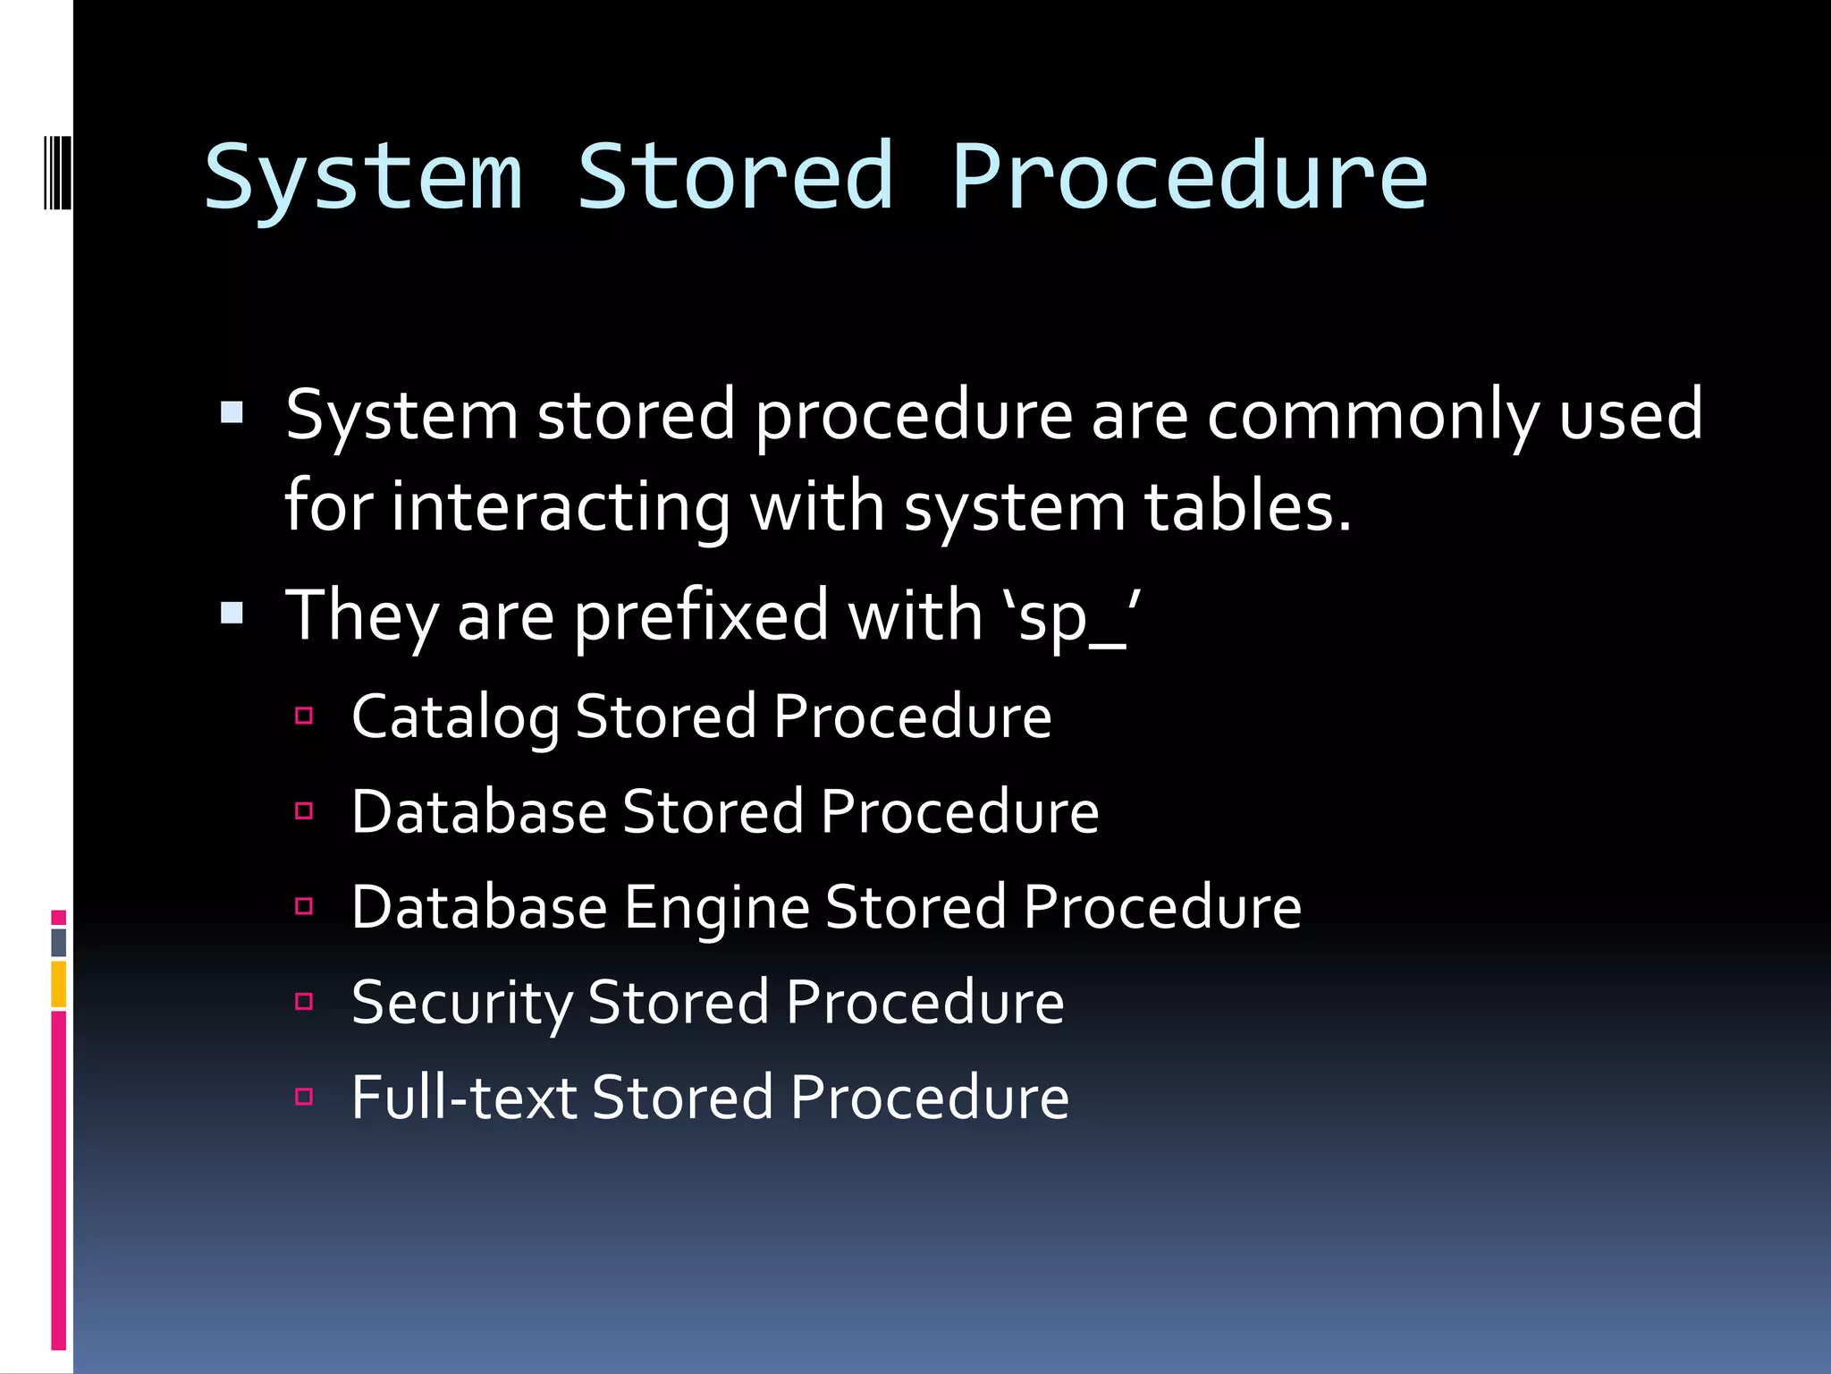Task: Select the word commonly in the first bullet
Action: coord(1372,416)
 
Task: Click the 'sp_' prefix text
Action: coord(1072,616)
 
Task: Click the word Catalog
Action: coord(455,717)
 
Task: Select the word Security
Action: coord(461,1003)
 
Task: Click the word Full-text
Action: coord(463,1098)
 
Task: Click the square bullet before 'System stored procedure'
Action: coord(232,412)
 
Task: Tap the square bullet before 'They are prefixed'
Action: coord(232,613)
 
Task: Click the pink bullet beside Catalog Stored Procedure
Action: coord(304,716)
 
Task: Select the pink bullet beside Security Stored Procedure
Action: coord(304,1001)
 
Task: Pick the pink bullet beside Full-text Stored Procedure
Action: coord(304,1096)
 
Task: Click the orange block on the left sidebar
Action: coord(59,984)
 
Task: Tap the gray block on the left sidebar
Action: coord(59,942)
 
